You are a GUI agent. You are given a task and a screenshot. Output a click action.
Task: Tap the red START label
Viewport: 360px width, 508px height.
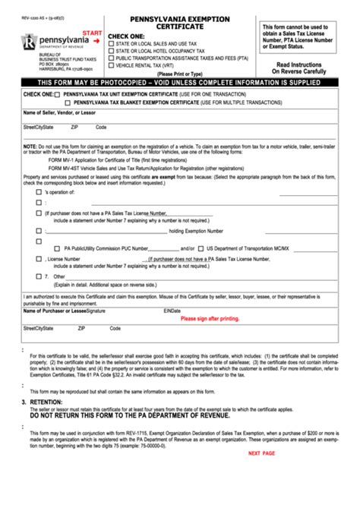coord(91,34)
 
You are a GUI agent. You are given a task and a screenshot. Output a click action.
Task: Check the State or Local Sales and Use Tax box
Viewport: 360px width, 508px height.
coord(112,43)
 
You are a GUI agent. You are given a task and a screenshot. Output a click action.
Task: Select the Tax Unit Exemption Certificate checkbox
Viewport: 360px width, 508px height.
coord(58,94)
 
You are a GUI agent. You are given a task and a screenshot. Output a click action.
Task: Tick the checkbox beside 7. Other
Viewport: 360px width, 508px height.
coord(39,276)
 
